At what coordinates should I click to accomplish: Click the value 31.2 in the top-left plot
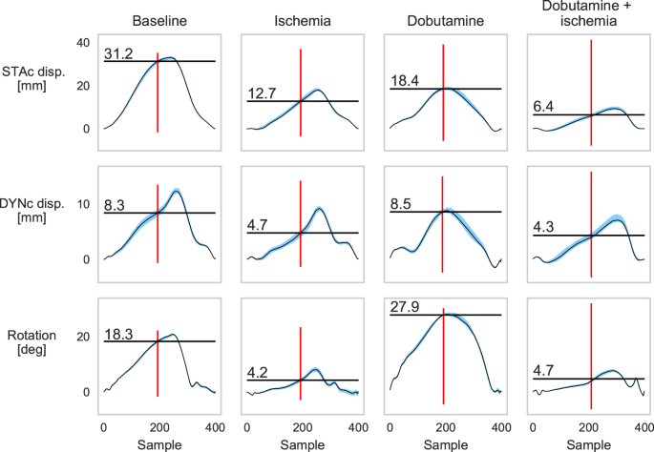(x=117, y=53)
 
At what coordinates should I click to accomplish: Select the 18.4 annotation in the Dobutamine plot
(x=404, y=81)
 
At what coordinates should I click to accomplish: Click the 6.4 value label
(x=543, y=107)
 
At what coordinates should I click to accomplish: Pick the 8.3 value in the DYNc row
(x=114, y=204)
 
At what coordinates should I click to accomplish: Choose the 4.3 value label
(x=543, y=227)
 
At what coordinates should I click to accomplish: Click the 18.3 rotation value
(x=117, y=334)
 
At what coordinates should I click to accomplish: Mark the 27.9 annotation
(x=404, y=306)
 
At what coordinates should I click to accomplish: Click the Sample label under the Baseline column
(x=158, y=442)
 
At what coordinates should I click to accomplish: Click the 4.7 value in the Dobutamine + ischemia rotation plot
(x=543, y=371)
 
